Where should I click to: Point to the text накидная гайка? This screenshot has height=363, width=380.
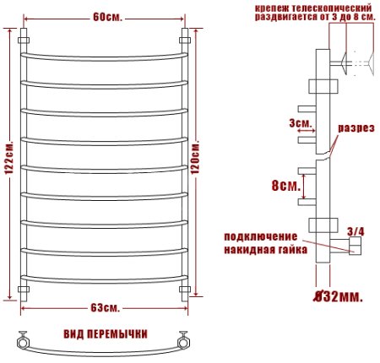[x=265, y=250]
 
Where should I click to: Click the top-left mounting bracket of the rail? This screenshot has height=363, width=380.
[x=23, y=40]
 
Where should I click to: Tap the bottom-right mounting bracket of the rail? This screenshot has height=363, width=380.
[x=184, y=291]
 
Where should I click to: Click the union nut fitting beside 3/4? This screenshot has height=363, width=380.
[x=354, y=246]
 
